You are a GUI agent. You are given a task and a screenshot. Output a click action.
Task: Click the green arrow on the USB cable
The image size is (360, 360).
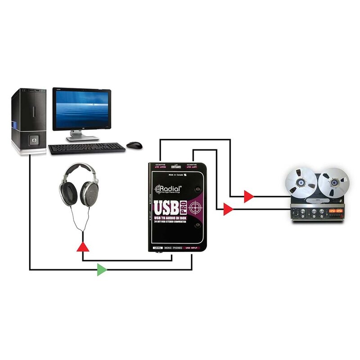102,270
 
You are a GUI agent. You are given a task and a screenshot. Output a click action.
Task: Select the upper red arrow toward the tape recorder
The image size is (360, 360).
248,196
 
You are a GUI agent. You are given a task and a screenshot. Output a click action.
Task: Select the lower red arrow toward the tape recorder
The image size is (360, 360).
228,209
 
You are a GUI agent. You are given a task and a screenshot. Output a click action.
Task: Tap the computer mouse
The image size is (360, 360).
134,145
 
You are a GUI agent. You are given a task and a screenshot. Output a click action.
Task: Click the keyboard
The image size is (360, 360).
87,148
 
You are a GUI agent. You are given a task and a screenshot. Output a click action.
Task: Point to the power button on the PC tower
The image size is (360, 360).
33,140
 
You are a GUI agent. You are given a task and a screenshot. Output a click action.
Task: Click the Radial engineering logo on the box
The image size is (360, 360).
168,189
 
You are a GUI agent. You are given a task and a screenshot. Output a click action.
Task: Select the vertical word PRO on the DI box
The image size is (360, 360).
184,207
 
